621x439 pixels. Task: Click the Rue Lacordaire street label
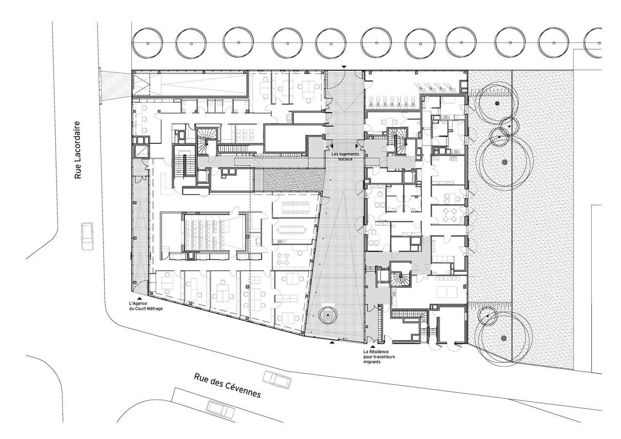point(78,150)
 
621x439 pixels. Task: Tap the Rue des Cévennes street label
point(227,385)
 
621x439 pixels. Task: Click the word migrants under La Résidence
point(372,361)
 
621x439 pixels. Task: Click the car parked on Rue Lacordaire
point(87,237)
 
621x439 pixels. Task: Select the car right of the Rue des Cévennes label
point(277,379)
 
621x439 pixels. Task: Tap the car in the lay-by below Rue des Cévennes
point(221,410)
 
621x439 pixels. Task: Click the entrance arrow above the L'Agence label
point(140,298)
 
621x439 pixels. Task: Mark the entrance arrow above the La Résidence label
point(374,346)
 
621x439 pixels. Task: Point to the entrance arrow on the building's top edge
point(344,67)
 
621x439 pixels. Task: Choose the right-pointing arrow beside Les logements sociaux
point(357,146)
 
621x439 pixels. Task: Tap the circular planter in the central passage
point(328,315)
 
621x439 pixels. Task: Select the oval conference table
point(292,229)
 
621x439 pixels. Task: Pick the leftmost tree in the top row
point(148,43)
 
